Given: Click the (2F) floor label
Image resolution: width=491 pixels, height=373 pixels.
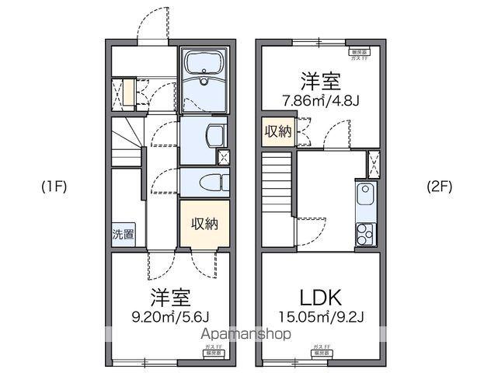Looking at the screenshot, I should click(440, 186).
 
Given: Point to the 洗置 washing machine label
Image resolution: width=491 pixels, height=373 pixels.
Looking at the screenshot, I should click(122, 233).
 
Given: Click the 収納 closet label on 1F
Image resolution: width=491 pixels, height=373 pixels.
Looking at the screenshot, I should click(205, 223).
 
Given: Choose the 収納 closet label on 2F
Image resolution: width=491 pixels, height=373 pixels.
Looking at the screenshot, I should click(277, 131).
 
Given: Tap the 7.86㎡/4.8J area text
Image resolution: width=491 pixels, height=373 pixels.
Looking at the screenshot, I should click(320, 101).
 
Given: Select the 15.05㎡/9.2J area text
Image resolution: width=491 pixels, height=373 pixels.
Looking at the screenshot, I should click(319, 318).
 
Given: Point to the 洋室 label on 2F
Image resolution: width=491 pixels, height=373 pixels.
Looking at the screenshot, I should click(320, 81).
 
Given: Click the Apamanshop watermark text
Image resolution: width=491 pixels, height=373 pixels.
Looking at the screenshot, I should click(246, 334).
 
